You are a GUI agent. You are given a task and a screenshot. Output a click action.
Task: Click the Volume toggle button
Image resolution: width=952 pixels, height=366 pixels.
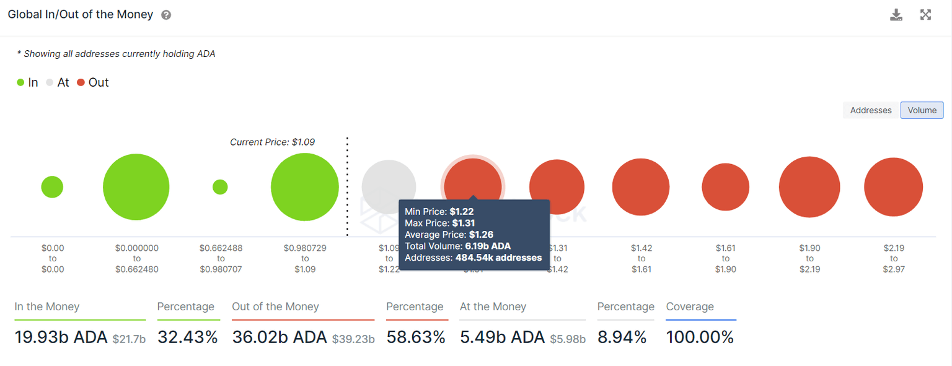click(922, 110)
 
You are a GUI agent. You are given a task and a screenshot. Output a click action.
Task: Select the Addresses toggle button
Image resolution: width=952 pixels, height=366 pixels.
click(870, 110)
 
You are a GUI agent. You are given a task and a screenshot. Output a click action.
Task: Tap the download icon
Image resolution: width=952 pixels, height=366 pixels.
click(896, 15)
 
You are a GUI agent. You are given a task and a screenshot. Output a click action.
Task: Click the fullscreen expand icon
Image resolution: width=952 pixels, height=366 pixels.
click(925, 15)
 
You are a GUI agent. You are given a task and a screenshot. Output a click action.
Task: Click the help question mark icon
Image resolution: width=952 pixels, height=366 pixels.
click(166, 15)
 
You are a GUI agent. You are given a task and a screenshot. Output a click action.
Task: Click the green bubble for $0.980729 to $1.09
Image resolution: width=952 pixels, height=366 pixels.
click(305, 186)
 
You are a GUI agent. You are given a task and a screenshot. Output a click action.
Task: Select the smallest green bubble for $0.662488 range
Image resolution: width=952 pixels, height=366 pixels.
click(220, 186)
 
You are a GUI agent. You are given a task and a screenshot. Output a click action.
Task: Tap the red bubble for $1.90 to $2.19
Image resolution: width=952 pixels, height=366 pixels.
click(809, 187)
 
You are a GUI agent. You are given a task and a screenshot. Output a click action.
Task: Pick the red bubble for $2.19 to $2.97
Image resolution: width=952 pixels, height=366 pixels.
click(893, 187)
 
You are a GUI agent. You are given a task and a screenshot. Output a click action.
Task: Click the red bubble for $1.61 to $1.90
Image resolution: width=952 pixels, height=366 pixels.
click(725, 187)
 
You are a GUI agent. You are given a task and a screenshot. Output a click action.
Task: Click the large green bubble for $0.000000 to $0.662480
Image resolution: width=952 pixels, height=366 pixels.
click(136, 186)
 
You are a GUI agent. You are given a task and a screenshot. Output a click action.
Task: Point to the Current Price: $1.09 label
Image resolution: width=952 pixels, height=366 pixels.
click(272, 142)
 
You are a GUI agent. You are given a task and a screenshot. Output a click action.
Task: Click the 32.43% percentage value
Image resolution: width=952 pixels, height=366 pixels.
click(188, 338)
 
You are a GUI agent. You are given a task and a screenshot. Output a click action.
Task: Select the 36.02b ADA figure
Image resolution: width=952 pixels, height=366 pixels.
click(280, 338)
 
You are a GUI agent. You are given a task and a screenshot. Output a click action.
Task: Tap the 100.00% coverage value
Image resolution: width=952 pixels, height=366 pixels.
click(700, 338)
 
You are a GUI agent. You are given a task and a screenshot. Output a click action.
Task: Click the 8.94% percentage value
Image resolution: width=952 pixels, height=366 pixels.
click(622, 338)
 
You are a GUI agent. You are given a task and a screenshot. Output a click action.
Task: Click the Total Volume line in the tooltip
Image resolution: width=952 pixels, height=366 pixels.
click(457, 246)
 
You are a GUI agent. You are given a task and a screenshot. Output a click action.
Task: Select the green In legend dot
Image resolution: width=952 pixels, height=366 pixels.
click(20, 82)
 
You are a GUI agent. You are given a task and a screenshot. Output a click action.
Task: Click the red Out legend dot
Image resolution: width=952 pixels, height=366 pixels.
click(81, 82)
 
